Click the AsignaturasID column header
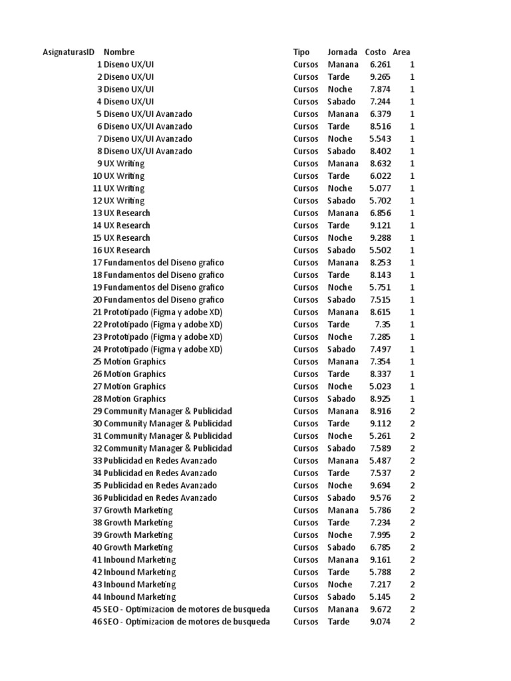coord(69,52)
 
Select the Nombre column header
coord(119,52)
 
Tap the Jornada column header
coord(343,52)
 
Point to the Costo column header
coord(376,52)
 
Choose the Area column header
coord(401,52)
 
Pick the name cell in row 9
coord(124,164)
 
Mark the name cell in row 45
coord(187,609)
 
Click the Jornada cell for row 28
coord(341,399)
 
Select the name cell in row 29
coord(168,411)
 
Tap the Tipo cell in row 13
coord(305,213)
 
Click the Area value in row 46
coord(413,622)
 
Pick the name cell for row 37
coord(138,510)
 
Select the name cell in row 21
coord(163,312)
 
